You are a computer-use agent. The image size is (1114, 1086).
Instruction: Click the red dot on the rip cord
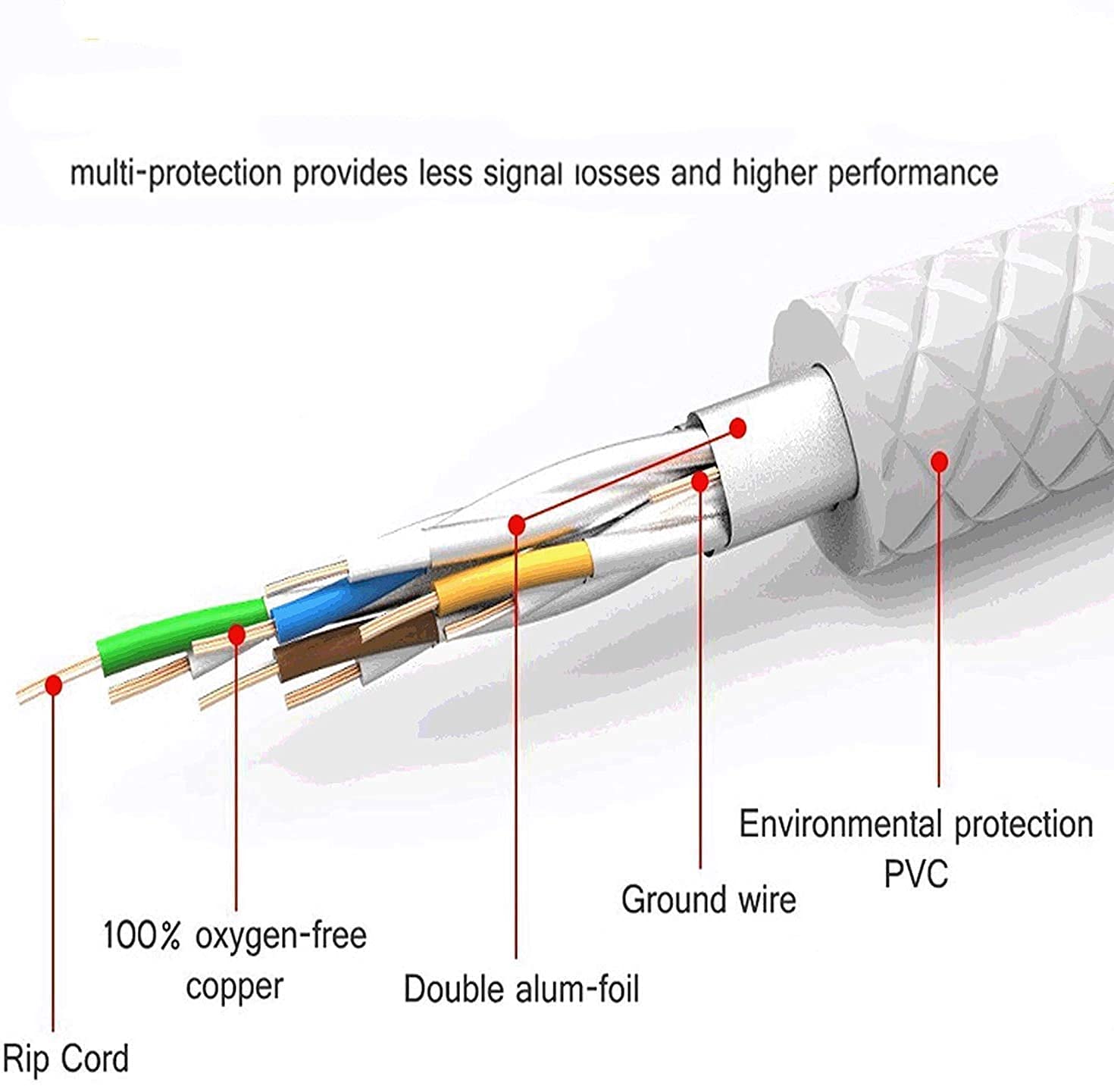[x=53, y=685]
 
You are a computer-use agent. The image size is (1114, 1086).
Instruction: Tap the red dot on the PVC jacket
[x=939, y=462]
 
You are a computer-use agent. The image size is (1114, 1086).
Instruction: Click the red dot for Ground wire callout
[x=700, y=480]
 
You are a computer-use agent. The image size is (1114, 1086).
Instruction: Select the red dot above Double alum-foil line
[x=517, y=524]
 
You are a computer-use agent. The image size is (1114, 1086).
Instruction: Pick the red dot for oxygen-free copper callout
[x=236, y=635]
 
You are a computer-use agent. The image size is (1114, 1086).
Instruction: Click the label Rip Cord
[x=65, y=1058]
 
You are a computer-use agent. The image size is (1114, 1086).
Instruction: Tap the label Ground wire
[x=709, y=900]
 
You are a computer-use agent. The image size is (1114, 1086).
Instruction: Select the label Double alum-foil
[x=521, y=989]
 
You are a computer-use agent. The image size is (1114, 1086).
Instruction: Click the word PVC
[x=915, y=874]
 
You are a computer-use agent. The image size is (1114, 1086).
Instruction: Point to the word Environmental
[x=840, y=824]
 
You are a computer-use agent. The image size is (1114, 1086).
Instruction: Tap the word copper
[x=235, y=986]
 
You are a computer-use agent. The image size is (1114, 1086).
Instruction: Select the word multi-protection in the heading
[x=176, y=174]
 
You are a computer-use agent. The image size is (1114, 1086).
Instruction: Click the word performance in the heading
[x=912, y=174]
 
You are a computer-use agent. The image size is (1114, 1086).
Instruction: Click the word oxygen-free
[x=280, y=935]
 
